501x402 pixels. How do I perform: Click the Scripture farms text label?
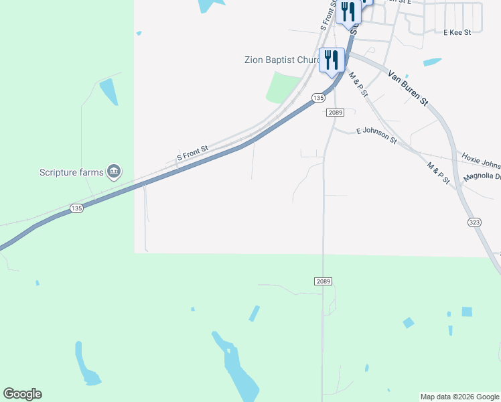tap(72, 172)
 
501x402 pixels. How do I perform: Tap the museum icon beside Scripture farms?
tap(115, 172)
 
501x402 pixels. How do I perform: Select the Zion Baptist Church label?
tap(282, 60)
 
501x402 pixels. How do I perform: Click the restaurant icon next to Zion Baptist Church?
tap(332, 60)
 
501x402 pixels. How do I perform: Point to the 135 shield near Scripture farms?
tap(77, 209)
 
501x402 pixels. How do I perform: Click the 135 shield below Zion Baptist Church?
tap(318, 98)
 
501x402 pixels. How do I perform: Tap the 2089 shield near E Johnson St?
tap(336, 113)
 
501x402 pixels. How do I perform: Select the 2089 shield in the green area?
tap(323, 281)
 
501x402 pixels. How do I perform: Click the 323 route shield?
tap(474, 222)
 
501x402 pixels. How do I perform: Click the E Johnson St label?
tap(376, 136)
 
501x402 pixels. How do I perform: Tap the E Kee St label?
tap(457, 31)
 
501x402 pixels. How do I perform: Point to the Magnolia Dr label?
tap(482, 178)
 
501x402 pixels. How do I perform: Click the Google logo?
tap(22, 394)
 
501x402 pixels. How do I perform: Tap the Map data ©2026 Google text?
tap(460, 397)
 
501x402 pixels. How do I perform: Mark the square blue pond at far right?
tap(467, 312)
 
